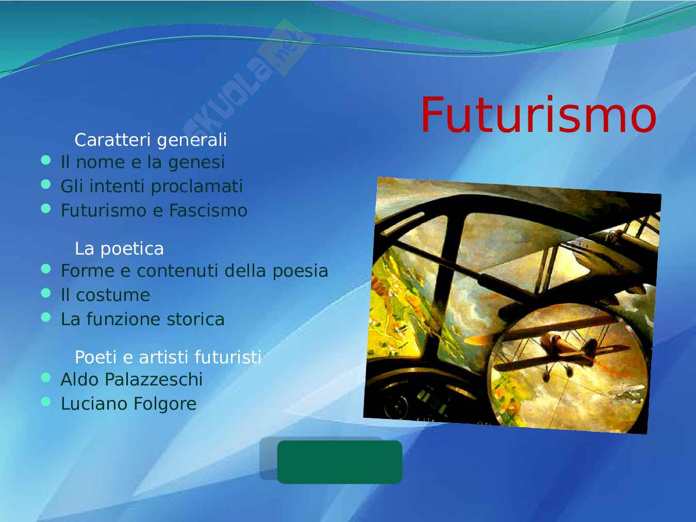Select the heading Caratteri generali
151,140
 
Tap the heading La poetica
119,248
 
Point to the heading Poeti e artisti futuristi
168,357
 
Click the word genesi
196,163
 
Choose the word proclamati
196,187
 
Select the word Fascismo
208,210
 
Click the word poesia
300,272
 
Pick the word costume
113,296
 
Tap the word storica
195,319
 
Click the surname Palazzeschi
154,380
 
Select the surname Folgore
165,404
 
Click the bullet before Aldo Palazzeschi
46,378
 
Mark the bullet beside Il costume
46,293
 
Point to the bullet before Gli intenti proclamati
46,184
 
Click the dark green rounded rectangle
340,462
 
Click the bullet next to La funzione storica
46,317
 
